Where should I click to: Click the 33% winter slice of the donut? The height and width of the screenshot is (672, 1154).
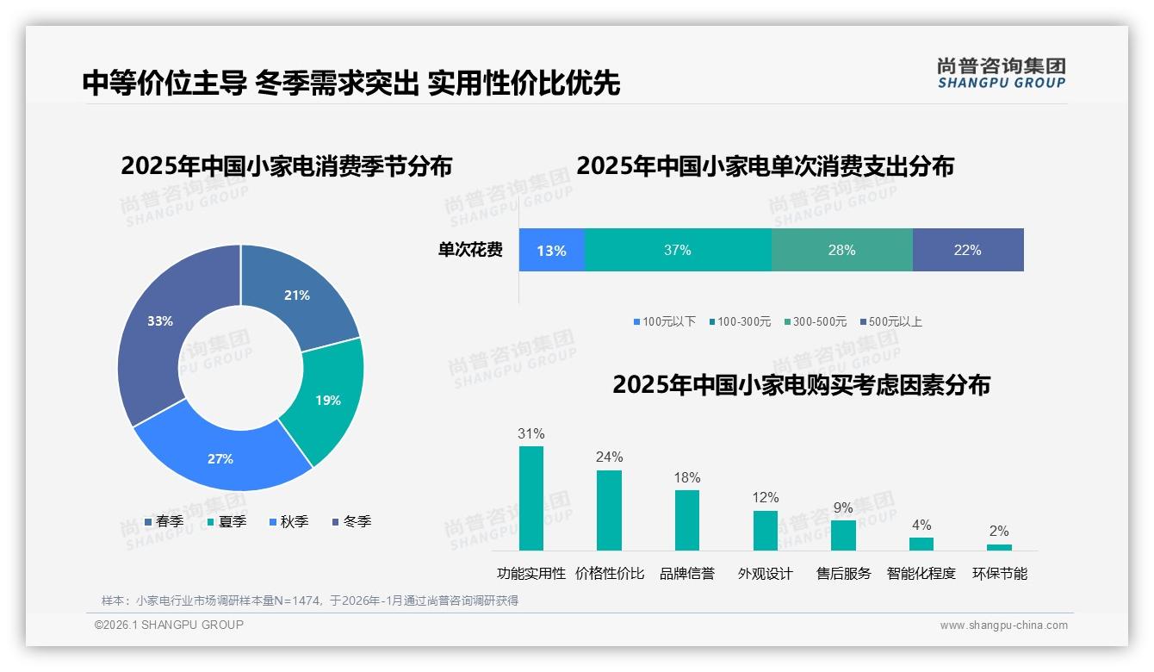point(164,327)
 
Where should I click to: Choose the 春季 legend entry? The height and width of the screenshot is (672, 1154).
point(164,521)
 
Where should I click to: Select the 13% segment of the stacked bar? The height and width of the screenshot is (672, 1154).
point(551,251)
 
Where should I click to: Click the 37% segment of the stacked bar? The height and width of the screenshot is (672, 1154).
point(678,251)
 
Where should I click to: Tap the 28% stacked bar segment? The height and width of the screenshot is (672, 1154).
point(841,251)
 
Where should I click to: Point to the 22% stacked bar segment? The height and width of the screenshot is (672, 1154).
point(967,251)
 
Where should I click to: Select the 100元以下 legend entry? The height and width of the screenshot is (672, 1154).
point(664,322)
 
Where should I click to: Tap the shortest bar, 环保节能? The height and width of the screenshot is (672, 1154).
point(999,546)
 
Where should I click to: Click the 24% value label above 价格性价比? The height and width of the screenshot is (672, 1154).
point(609,457)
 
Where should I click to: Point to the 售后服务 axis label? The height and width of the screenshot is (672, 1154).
point(843,574)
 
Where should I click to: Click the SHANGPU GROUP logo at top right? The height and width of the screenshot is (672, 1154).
point(1001,73)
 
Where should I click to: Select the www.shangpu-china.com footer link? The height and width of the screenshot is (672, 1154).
point(1003,625)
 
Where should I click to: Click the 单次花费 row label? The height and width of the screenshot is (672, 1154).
point(470,251)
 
